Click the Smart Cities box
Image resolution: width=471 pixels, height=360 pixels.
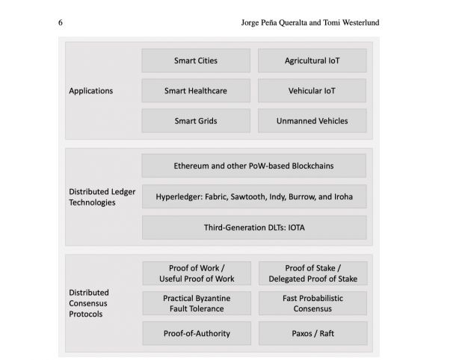196,60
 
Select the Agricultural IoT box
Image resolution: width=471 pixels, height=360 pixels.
312,60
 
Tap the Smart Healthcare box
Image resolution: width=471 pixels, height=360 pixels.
196,91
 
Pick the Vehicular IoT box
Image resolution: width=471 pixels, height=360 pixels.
312,91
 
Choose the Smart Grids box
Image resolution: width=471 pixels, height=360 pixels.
196,121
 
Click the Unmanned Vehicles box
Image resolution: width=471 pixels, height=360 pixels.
312,121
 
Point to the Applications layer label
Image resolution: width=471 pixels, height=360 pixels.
91,91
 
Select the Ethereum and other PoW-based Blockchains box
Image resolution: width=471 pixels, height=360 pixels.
254,165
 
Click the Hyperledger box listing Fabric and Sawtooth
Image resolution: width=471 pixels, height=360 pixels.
254,196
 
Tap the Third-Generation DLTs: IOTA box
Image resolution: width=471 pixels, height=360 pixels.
254,227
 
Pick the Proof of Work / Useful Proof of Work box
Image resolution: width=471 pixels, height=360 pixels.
197,273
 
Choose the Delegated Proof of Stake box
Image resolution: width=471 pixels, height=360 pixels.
313,273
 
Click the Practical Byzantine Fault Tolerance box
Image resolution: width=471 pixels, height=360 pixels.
197,302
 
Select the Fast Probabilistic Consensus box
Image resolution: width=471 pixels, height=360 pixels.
313,302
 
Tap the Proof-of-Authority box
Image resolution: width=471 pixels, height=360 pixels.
197,333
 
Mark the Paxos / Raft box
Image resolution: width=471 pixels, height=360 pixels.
313,333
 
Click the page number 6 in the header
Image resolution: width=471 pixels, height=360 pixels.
60,22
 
